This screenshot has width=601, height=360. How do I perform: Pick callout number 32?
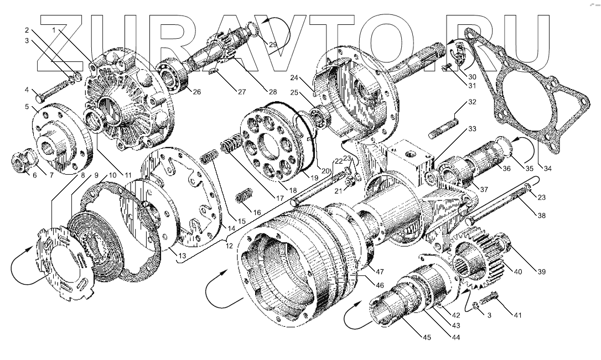472,102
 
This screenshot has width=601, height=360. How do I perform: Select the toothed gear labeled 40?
479,260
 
